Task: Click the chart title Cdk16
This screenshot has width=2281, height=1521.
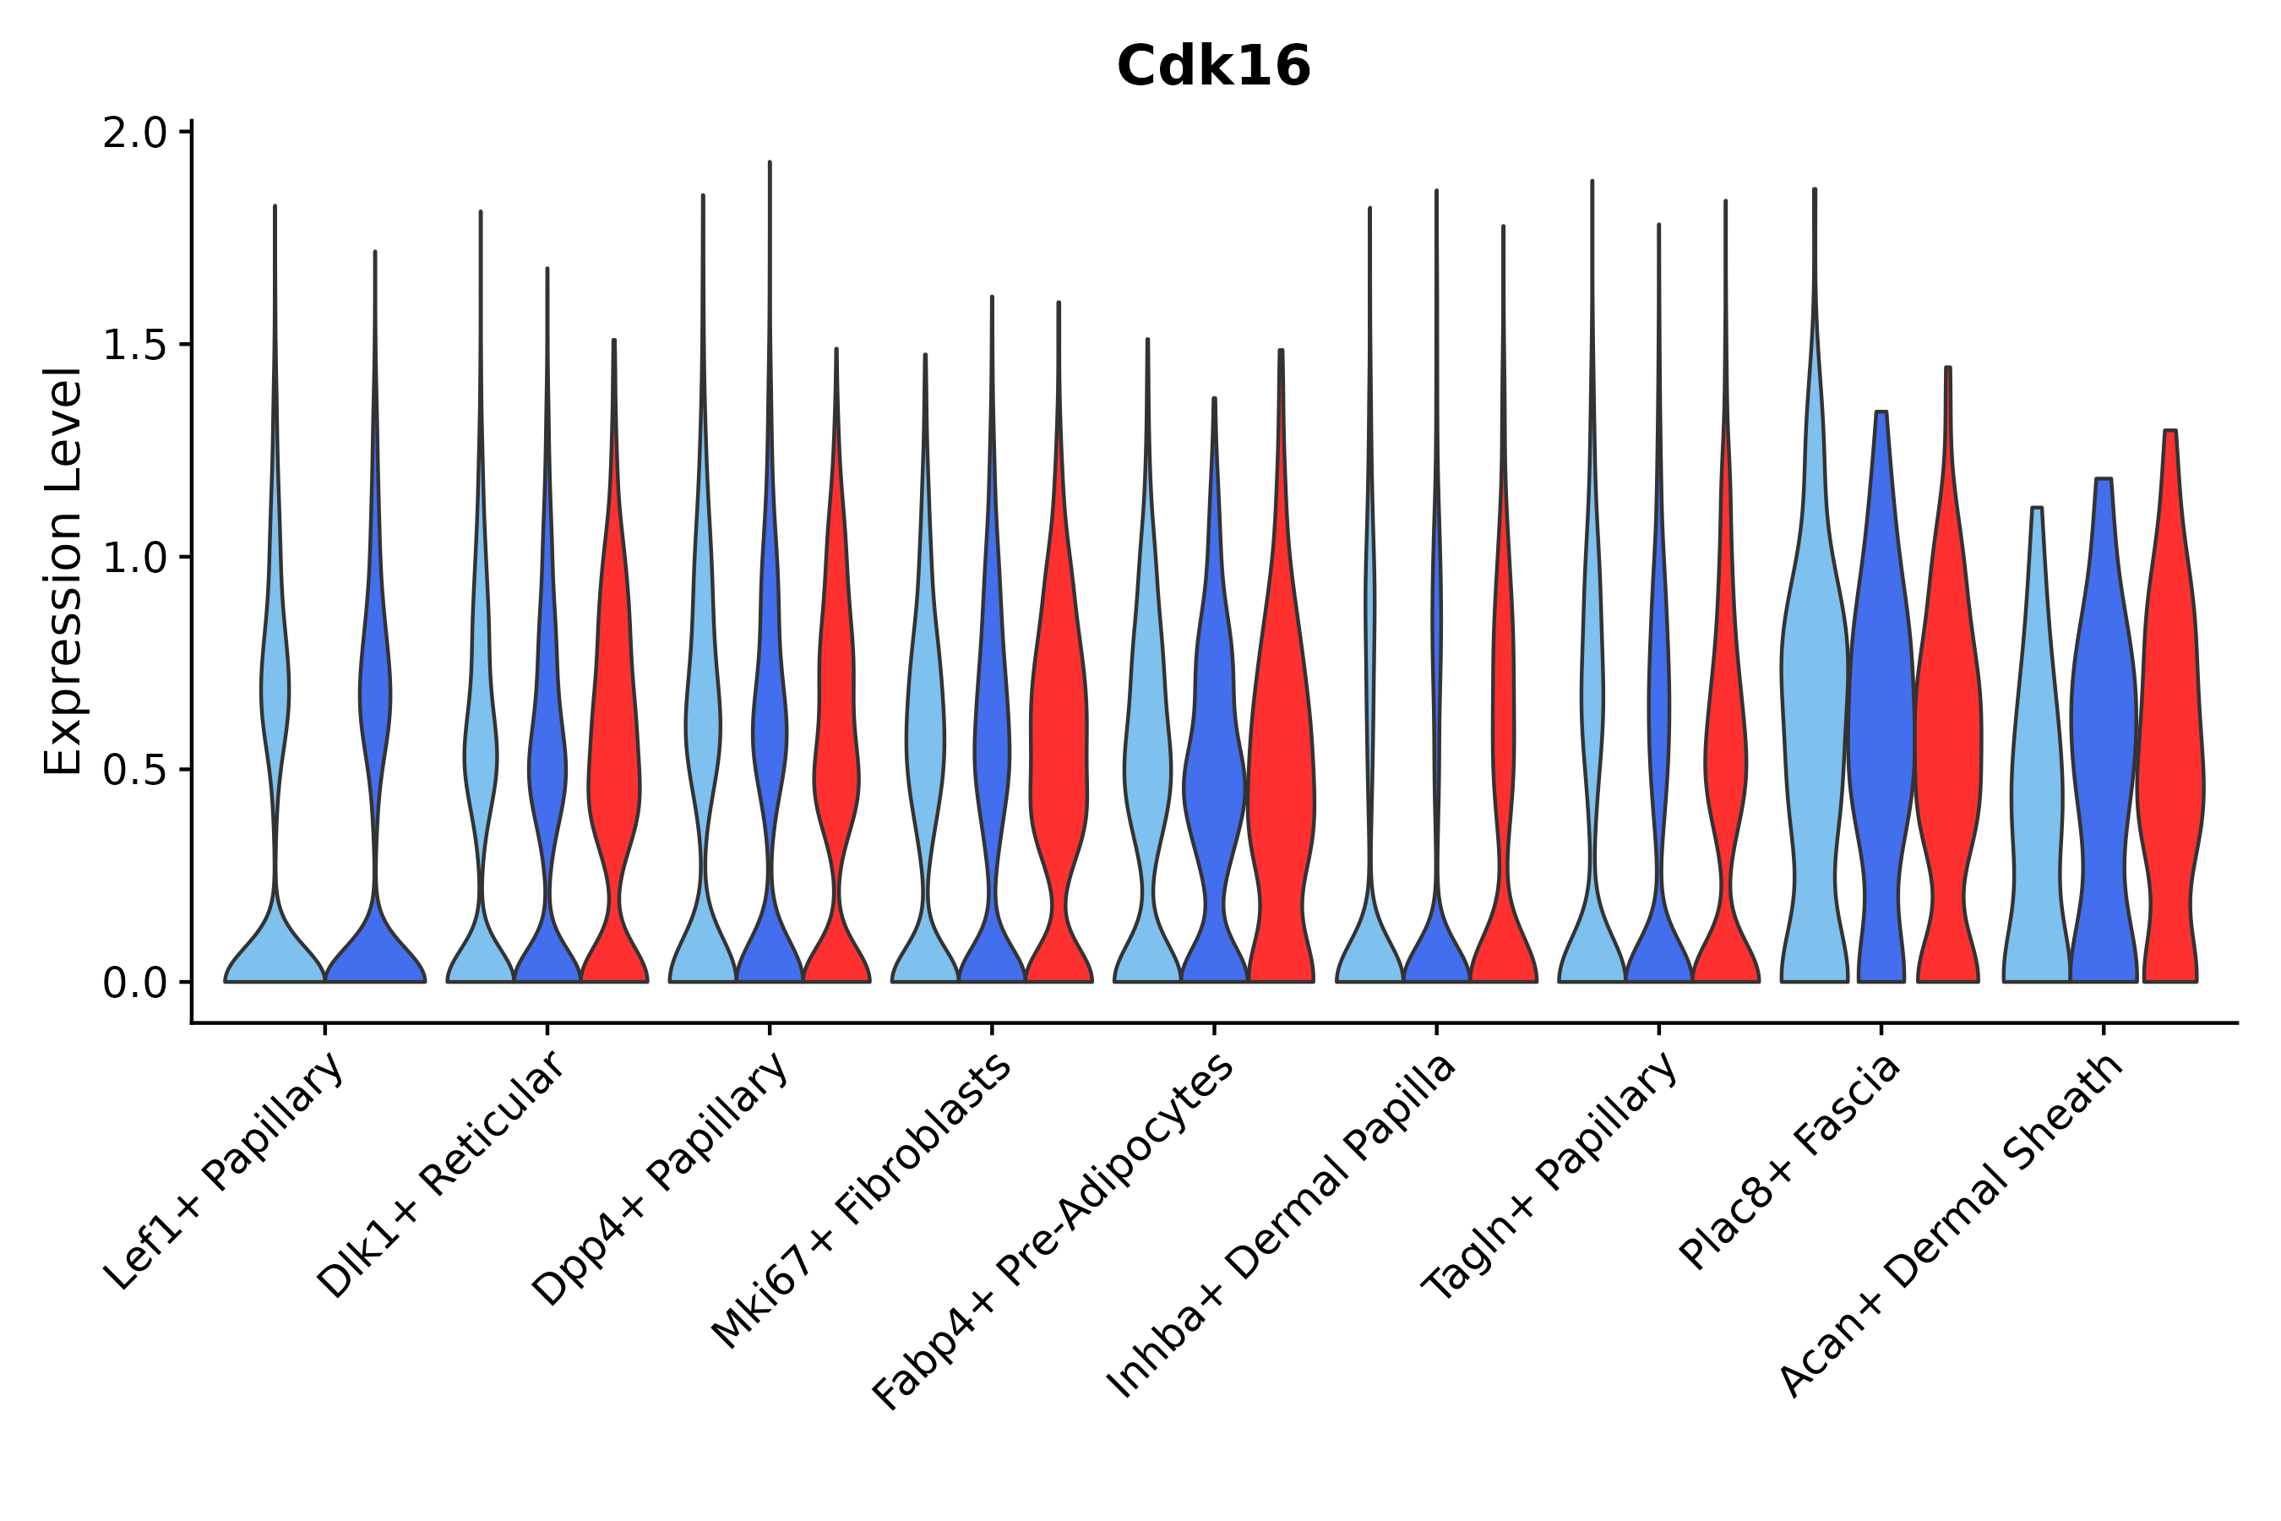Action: tap(1213, 67)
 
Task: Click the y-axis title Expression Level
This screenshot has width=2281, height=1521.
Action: tap(63, 571)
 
